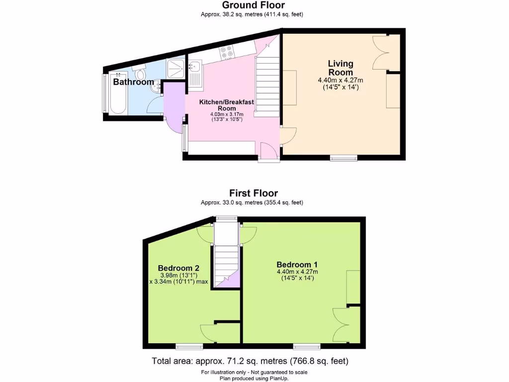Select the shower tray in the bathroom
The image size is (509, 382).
175,69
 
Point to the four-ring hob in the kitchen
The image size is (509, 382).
227,52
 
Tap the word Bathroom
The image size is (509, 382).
133,82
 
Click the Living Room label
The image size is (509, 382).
340,68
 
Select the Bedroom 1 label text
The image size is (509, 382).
297,264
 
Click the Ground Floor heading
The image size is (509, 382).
254,5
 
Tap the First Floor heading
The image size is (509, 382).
254,193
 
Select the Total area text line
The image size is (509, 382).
254,361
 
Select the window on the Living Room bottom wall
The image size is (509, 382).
344,158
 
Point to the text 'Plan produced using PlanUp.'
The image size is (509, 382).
254,379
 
